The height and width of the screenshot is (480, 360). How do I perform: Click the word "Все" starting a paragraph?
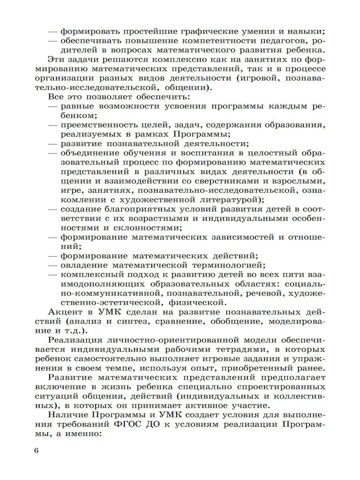click(56, 97)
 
